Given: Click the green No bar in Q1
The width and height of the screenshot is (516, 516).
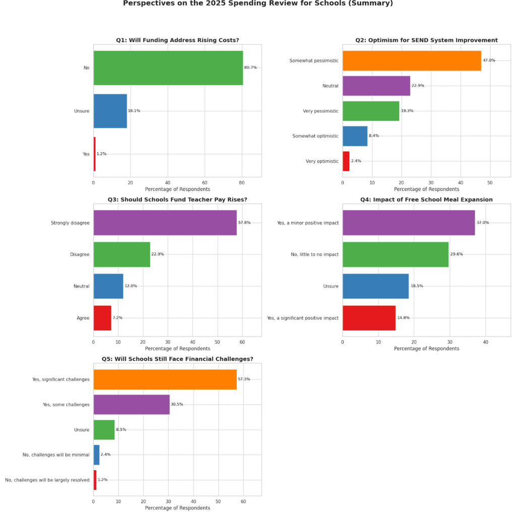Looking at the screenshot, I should click(168, 68).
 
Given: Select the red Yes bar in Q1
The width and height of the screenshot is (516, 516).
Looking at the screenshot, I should click(94, 154).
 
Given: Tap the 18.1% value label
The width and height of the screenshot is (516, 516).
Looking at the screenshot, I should click(134, 111).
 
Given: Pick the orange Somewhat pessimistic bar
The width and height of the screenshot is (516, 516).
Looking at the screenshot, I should click(412, 60).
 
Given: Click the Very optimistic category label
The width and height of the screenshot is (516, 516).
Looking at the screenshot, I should click(322, 161).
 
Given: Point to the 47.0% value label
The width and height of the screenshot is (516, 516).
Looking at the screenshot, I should click(489, 60).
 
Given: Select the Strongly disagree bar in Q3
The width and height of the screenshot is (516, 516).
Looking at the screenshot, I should click(165, 223).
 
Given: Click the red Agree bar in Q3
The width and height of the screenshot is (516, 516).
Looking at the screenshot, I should click(102, 318).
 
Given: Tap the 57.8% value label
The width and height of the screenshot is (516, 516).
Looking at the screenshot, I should click(244, 223).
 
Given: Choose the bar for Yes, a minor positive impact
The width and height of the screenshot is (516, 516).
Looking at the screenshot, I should click(409, 223).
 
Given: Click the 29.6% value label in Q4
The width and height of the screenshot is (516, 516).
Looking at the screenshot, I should click(456, 254).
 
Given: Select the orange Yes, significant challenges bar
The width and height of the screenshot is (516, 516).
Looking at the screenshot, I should click(165, 379).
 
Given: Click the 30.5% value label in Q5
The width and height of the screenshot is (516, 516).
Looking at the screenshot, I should click(177, 405).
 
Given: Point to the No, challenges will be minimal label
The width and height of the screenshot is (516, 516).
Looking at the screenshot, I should click(56, 455).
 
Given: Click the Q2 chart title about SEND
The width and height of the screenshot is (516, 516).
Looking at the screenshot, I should click(426, 40).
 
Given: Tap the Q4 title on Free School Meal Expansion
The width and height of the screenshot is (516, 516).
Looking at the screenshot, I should click(426, 200).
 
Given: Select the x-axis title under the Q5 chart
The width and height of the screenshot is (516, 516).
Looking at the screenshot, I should click(177, 508).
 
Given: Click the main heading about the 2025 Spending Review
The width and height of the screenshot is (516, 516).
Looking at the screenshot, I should click(258, 4).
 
